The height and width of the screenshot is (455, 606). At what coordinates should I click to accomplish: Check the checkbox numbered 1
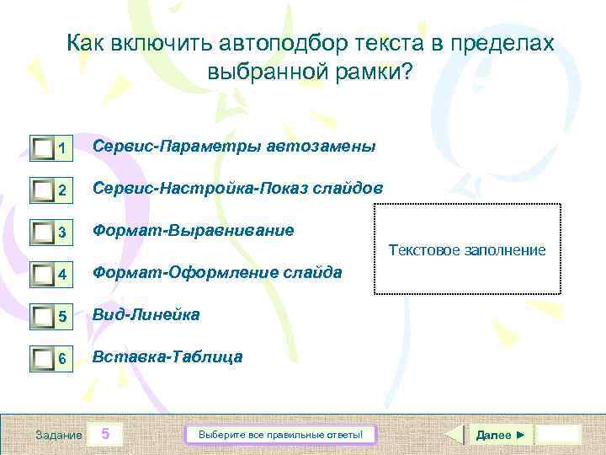point(44,149)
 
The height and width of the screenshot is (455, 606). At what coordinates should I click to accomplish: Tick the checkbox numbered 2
point(44,191)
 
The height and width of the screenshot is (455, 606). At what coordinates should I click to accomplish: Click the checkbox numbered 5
point(44,317)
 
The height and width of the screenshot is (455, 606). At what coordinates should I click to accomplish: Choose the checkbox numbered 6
point(44,359)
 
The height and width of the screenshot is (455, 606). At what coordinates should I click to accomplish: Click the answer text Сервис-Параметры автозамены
point(234,146)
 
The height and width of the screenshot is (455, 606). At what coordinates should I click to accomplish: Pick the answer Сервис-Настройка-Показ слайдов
point(237,188)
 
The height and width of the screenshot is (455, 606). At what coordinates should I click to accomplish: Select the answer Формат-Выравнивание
point(194,230)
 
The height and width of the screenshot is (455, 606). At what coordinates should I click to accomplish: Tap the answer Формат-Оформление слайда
point(217,272)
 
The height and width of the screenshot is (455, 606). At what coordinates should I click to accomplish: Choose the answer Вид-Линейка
point(146,314)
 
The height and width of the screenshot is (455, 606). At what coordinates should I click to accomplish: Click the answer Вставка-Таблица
point(167,356)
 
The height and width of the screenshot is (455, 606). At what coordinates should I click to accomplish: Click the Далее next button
point(500,435)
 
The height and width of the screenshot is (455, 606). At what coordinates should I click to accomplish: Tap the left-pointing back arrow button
point(453,435)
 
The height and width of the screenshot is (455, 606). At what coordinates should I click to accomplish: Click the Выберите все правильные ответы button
point(280,435)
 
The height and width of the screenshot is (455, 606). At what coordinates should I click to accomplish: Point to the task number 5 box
point(105,435)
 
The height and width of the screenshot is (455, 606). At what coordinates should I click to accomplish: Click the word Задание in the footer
point(59,435)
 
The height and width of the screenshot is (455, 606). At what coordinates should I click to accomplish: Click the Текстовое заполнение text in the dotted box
point(466,250)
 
